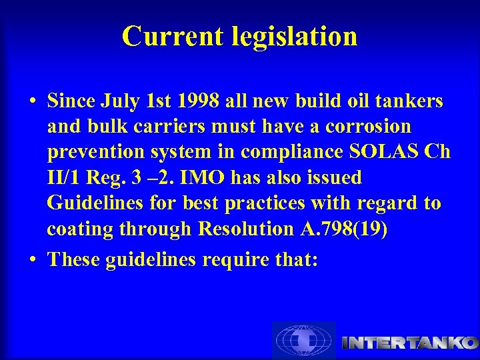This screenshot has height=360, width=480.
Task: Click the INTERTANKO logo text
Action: (x=410, y=343)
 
